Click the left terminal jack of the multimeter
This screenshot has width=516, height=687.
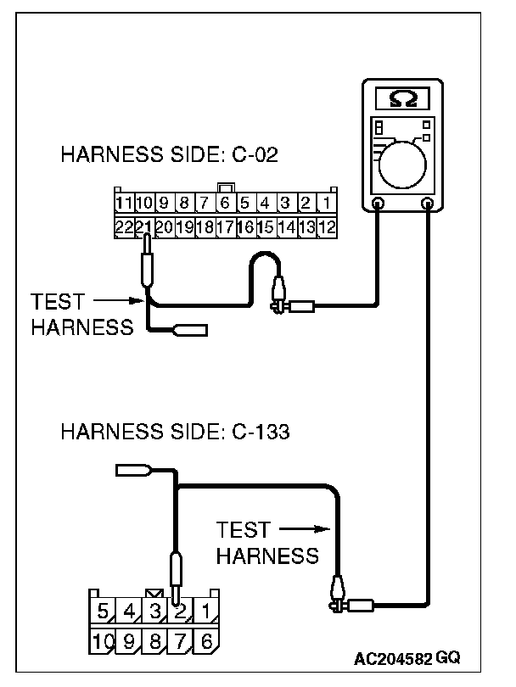click(379, 204)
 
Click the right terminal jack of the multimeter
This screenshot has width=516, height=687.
click(429, 204)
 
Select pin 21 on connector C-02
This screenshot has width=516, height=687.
click(144, 226)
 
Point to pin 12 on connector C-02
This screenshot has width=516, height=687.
click(328, 226)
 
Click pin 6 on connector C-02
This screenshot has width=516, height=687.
click(225, 204)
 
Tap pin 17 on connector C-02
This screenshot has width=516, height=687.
click(225, 226)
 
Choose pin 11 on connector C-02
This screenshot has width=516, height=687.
click(124, 204)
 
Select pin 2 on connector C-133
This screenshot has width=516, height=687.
click(180, 611)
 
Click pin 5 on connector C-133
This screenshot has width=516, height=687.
click(103, 611)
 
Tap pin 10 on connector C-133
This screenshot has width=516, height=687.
click(103, 642)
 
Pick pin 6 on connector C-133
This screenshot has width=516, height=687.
click(206, 642)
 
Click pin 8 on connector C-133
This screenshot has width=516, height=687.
click(154, 642)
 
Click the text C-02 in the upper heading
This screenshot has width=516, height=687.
click(251, 155)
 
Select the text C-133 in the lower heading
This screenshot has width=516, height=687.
click(260, 432)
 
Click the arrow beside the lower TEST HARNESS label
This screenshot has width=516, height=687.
click(303, 530)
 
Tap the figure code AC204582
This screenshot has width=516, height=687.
click(395, 657)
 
